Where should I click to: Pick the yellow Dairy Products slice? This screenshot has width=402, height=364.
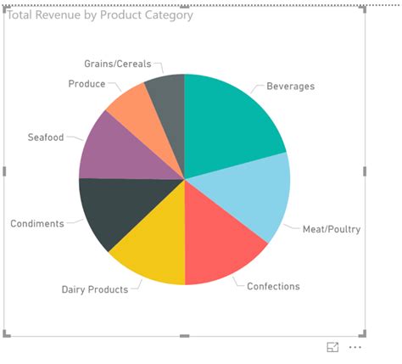(x=153, y=242)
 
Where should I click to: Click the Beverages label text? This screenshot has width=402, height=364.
(x=290, y=87)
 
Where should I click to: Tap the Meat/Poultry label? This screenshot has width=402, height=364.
(x=332, y=229)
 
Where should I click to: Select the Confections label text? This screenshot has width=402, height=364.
(x=273, y=286)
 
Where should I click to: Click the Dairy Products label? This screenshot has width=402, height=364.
(x=94, y=289)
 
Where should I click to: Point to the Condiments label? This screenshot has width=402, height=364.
(x=36, y=224)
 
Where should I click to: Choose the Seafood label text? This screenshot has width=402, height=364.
(x=45, y=137)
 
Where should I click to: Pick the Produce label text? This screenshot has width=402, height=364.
(x=87, y=84)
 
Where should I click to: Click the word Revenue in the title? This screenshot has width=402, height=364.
(x=56, y=15)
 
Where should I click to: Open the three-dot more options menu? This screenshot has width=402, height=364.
(x=355, y=347)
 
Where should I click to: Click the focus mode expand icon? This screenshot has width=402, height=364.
(x=332, y=347)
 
